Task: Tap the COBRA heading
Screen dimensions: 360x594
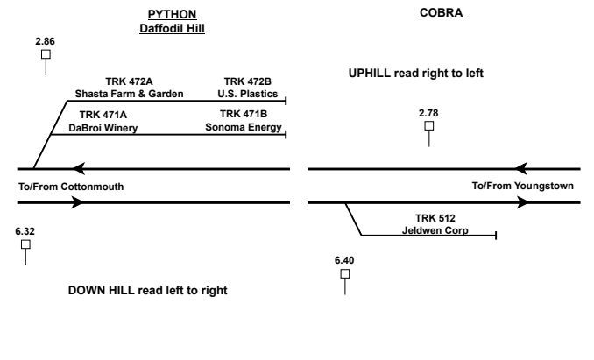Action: point(442,15)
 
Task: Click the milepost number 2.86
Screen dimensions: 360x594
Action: point(45,41)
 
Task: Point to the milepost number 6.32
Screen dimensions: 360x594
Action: point(25,230)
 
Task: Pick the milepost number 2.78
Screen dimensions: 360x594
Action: point(428,113)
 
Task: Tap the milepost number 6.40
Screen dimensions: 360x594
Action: point(344,260)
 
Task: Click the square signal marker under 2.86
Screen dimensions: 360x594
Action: point(46,54)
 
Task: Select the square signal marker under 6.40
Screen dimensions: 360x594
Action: point(344,273)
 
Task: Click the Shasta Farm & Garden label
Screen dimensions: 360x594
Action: point(129,94)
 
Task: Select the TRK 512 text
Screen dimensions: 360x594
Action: point(435,218)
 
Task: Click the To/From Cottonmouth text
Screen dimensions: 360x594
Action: point(71,187)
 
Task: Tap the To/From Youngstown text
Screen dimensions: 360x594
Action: point(522,187)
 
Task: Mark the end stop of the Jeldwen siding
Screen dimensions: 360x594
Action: point(497,236)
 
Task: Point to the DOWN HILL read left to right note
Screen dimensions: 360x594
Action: point(147,290)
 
